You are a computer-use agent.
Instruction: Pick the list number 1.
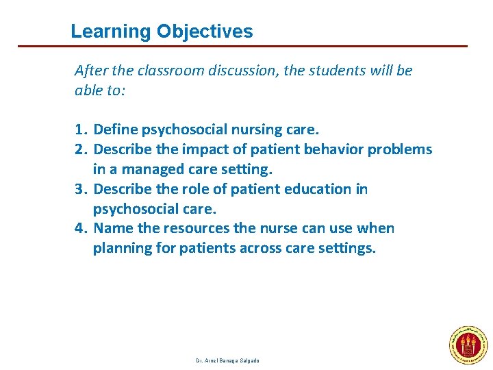(x=81, y=129)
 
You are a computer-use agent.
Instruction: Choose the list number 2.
(x=81, y=149)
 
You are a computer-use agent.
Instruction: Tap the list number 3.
(x=81, y=189)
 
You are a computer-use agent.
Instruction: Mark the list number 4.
(x=81, y=228)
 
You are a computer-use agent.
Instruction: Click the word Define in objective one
(x=114, y=129)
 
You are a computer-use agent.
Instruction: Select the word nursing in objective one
(x=253, y=129)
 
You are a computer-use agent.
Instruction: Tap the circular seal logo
(x=467, y=343)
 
